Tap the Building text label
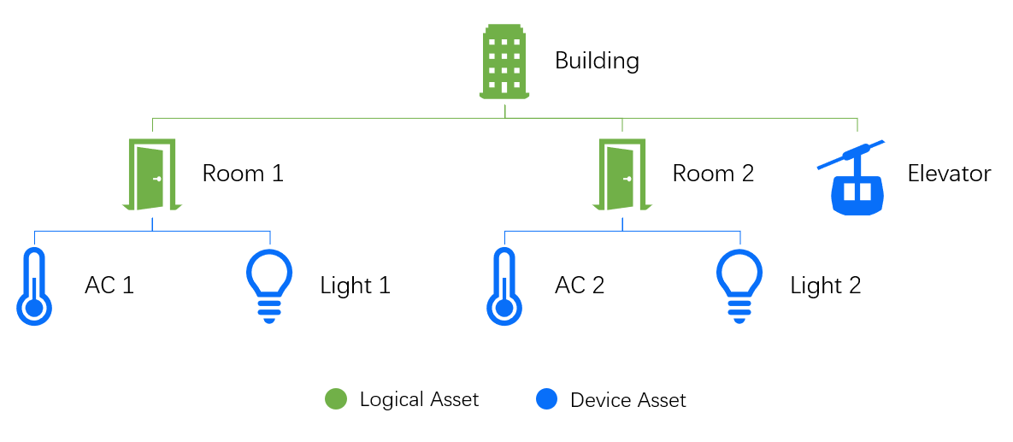[x=597, y=62]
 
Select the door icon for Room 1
[x=152, y=174]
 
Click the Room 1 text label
[x=243, y=174]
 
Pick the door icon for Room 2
[x=622, y=174]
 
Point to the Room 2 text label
[x=713, y=174]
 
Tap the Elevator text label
[x=949, y=174]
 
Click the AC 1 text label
[x=109, y=286]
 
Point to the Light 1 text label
[x=355, y=286]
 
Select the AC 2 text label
[x=580, y=286]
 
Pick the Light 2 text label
[x=825, y=286]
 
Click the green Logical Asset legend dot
[x=336, y=399]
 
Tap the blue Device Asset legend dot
[x=546, y=399]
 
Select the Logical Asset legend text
[x=419, y=399]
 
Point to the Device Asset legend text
[x=628, y=400]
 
